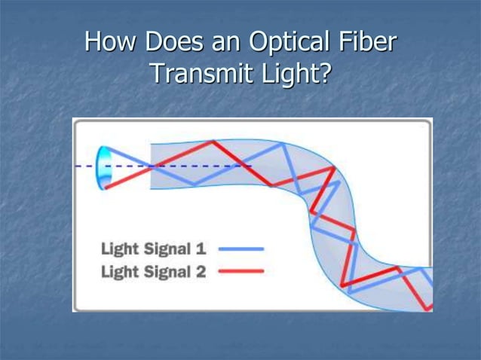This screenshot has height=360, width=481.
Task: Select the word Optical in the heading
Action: [295, 43]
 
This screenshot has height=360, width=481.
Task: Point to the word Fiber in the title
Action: [367, 43]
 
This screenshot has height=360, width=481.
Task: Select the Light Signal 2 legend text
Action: [153, 271]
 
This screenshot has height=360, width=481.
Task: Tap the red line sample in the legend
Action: [241, 271]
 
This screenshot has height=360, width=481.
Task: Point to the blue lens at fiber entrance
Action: [103, 166]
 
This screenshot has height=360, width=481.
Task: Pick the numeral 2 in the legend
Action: [201, 271]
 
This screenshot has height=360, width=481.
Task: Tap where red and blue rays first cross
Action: [155, 166]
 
